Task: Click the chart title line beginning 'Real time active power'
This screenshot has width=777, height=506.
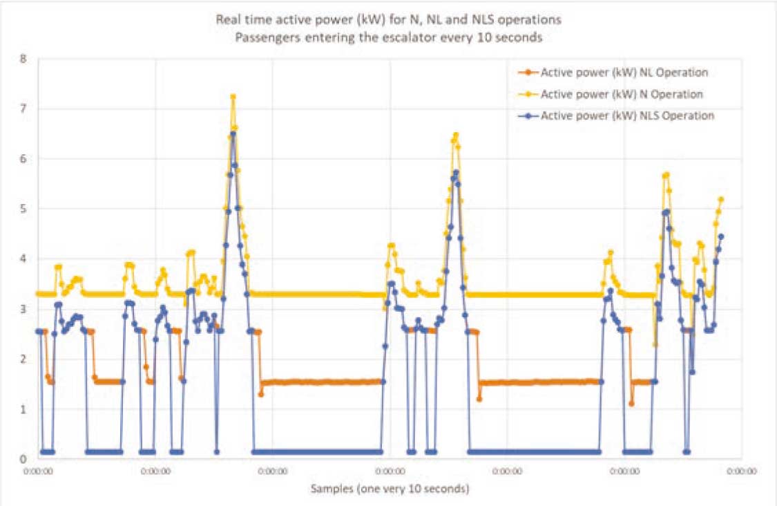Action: [x=389, y=19]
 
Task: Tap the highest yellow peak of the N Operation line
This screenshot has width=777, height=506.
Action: [x=233, y=97]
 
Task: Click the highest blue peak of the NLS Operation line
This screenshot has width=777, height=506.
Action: [x=233, y=133]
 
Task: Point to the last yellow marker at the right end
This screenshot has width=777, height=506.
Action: [x=721, y=199]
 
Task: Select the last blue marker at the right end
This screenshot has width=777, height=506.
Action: [x=721, y=236]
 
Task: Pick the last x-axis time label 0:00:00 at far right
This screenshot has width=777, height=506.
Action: [x=742, y=473]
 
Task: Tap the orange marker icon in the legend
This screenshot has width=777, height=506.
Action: [x=528, y=72]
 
